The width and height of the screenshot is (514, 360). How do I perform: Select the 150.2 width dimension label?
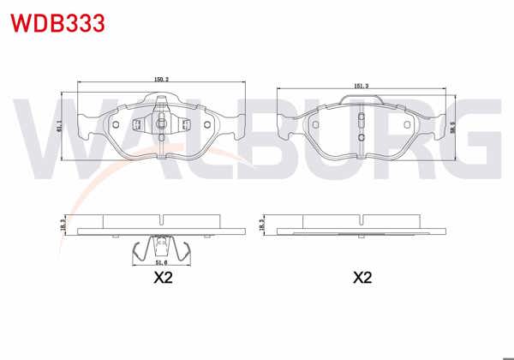160,80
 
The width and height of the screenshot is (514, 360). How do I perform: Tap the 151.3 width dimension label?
361,86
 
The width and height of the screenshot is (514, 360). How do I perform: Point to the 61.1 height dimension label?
59,125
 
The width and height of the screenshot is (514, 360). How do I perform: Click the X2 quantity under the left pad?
163,279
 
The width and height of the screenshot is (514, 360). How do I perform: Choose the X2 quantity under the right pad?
362,279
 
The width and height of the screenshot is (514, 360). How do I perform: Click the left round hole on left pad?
114,123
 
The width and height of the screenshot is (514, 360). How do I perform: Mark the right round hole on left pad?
206,123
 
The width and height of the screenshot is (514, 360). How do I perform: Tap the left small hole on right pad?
314,124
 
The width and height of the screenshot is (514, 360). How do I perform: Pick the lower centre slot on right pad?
361,135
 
